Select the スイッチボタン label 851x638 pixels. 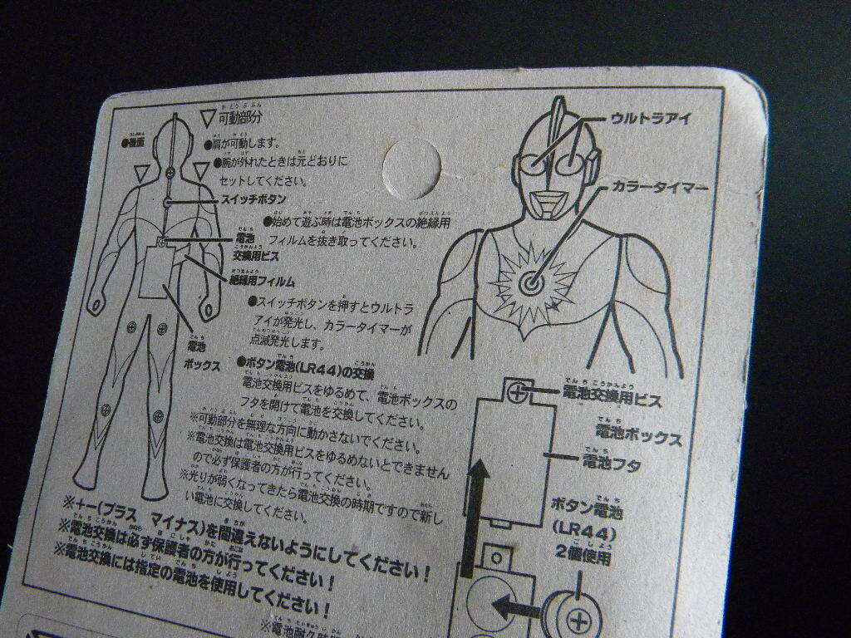pos(253,200)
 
